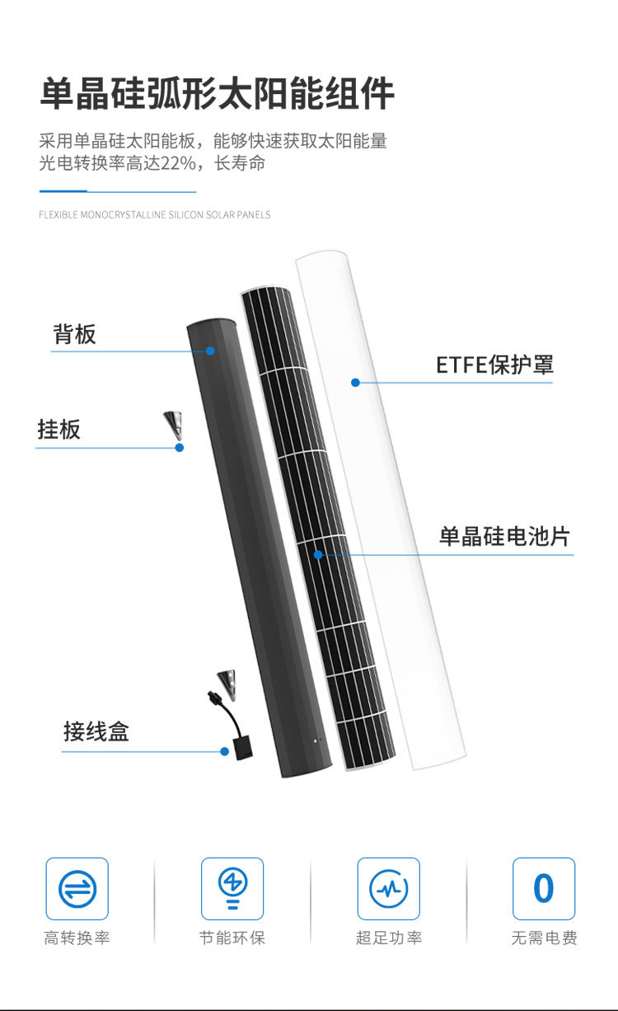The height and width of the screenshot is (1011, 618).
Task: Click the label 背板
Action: click(x=74, y=334)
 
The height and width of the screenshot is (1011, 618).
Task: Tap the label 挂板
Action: click(x=59, y=430)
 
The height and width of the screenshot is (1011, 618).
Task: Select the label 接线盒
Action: click(x=96, y=731)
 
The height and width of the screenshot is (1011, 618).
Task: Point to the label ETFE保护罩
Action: click(x=494, y=364)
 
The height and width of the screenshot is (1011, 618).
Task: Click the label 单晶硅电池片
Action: click(x=503, y=537)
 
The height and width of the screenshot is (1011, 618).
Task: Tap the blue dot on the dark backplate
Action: click(x=210, y=350)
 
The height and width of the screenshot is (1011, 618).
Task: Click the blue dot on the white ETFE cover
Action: click(x=355, y=382)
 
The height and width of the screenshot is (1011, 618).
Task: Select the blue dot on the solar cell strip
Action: click(x=319, y=554)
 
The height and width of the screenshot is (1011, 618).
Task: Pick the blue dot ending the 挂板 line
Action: click(x=180, y=448)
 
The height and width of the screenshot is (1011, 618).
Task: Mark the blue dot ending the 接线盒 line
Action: click(x=224, y=751)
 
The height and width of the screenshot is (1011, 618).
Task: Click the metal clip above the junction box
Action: click(x=223, y=681)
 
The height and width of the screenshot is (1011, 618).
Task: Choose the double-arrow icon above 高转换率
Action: click(x=77, y=889)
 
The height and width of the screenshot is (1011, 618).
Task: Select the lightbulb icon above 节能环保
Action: click(x=232, y=888)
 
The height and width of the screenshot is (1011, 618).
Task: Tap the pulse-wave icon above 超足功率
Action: click(x=388, y=889)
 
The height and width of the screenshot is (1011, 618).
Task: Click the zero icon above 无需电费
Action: click(x=544, y=889)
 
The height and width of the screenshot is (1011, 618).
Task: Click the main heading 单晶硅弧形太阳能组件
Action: click(x=217, y=95)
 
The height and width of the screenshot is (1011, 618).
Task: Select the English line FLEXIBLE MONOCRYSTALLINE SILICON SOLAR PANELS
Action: click(x=155, y=215)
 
